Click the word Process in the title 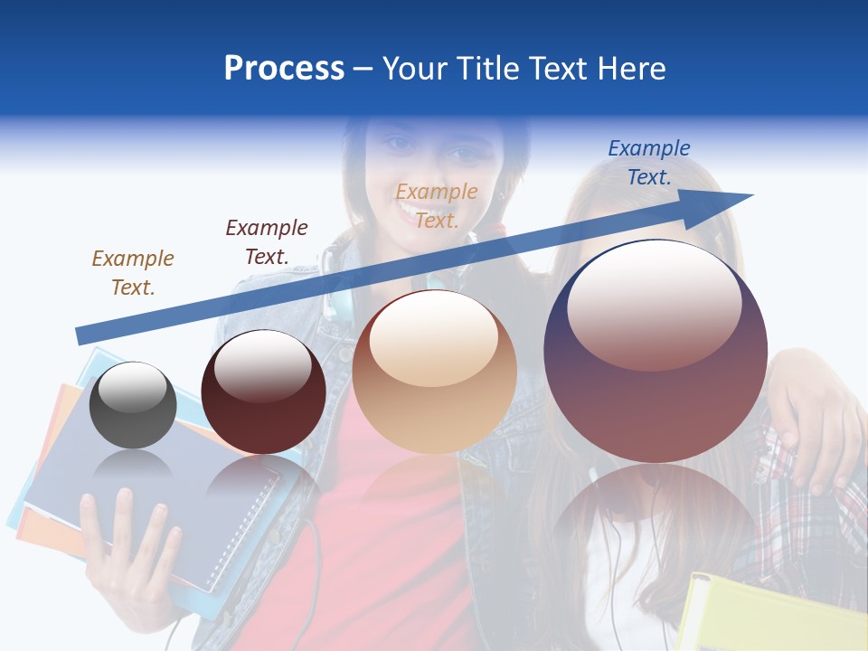tap(284, 69)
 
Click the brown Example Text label tap(132, 272)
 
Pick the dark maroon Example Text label tap(266, 241)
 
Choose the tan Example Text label tap(437, 205)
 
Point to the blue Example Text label tap(648, 163)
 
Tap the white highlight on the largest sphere tap(654, 303)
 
